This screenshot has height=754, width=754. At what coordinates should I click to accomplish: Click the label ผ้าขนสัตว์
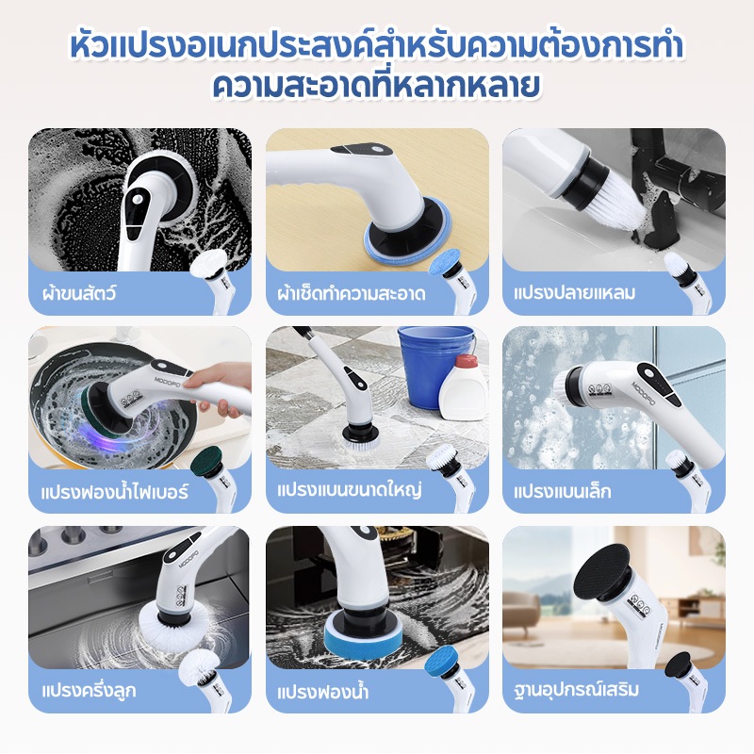[x=79, y=293]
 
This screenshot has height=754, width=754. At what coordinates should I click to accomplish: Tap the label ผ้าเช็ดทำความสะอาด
[x=352, y=293]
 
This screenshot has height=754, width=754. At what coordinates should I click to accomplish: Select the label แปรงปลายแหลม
[x=574, y=293]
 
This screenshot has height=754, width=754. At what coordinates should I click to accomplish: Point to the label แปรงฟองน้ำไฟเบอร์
[x=114, y=492]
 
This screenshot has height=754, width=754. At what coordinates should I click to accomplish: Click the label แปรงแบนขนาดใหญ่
[x=350, y=490]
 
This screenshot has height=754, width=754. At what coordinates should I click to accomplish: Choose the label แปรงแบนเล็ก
[x=562, y=491]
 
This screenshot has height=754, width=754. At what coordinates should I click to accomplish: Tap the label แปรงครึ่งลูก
[x=89, y=691]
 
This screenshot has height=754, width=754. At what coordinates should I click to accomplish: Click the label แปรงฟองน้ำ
[x=322, y=692]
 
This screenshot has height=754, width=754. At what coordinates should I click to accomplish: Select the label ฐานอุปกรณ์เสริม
[x=576, y=690]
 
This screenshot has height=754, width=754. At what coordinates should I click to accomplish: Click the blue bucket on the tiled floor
[x=433, y=366]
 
